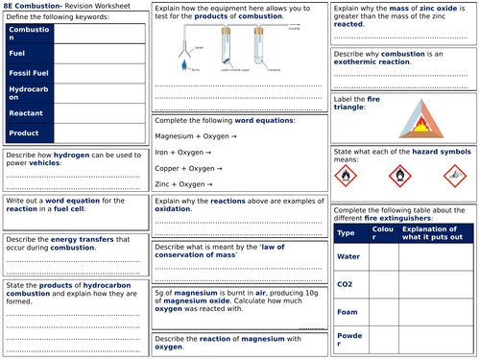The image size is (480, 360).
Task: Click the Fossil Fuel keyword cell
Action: pos(27,72)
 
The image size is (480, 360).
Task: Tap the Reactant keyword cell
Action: pos(27,114)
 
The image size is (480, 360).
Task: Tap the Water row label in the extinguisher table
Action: pos(348,256)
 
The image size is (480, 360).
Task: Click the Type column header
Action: pos(348,232)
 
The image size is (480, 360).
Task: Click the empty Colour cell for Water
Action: pos(383,256)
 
